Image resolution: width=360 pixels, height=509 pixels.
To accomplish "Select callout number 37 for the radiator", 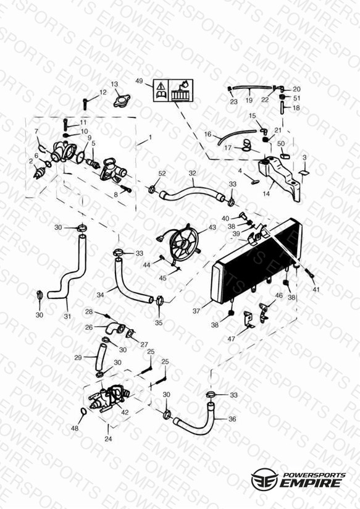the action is [x=196, y=311].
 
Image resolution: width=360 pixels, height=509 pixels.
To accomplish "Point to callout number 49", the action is [x=139, y=81].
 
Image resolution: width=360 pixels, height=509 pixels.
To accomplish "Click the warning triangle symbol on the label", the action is [x=161, y=86].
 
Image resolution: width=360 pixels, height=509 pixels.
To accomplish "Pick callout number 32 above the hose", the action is [x=193, y=173].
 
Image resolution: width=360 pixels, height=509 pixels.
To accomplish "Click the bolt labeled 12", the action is [x=85, y=104].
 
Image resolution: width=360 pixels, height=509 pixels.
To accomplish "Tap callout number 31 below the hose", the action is [x=67, y=316].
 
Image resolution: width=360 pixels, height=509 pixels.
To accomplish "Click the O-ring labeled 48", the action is [x=83, y=411].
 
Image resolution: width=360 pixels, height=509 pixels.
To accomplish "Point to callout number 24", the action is [x=108, y=439].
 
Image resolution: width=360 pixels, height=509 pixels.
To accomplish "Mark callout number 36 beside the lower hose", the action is [x=232, y=419].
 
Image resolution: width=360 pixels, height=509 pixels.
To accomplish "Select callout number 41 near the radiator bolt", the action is [x=316, y=289].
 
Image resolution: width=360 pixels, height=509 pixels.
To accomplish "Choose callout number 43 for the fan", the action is [x=212, y=227].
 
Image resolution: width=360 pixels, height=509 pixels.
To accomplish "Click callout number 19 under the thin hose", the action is [x=249, y=100].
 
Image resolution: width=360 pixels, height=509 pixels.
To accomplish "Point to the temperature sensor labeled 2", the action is [x=39, y=174].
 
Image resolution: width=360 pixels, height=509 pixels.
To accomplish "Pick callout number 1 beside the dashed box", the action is [x=150, y=137].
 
